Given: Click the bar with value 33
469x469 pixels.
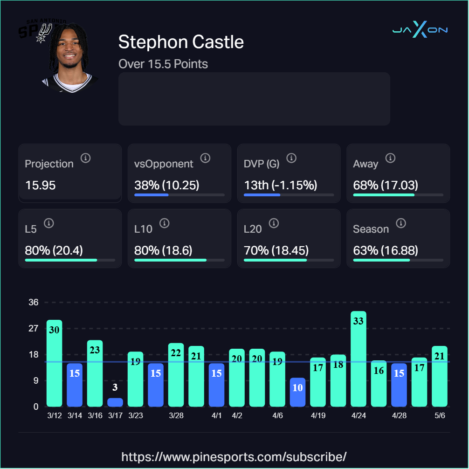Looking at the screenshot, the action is point(359,359).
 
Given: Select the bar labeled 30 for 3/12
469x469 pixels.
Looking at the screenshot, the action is point(55,363).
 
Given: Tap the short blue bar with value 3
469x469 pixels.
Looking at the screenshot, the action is point(115,402).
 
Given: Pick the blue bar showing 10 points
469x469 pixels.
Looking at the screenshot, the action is point(297,392).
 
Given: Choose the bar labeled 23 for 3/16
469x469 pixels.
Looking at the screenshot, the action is point(95,373).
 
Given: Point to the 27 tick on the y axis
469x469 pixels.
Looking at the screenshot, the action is point(34,328).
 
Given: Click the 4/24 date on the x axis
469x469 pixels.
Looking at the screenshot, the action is point(359,415).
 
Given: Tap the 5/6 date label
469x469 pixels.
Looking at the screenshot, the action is point(440,415).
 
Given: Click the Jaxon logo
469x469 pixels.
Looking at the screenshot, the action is point(420,29).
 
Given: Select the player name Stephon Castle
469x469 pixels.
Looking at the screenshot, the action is point(181,41).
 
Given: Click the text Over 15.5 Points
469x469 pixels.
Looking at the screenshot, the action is point(163,64).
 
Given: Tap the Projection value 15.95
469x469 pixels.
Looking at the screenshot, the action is point(41,185).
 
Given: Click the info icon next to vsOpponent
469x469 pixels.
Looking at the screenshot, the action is point(205,158).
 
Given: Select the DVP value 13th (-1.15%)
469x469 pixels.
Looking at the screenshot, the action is point(281,185).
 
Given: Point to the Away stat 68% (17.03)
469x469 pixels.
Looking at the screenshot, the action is point(386,185).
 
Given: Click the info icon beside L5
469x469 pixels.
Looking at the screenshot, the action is point(49,223).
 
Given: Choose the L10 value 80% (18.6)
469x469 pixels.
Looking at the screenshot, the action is point(163,250).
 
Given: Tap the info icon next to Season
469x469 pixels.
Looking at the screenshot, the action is point(401,223).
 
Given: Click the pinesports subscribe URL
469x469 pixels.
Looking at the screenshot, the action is point(234,457).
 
